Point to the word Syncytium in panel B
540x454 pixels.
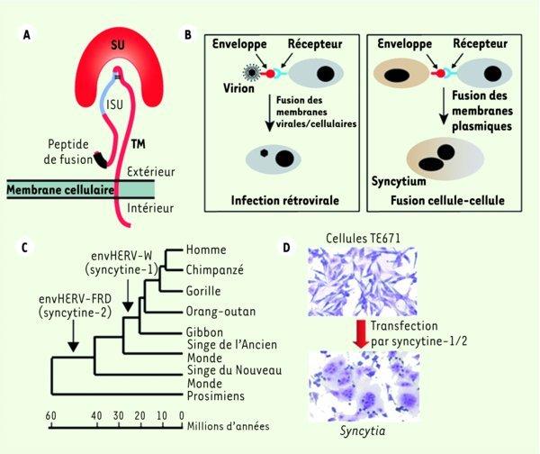point(399,181)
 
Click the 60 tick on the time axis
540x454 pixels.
point(52,415)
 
